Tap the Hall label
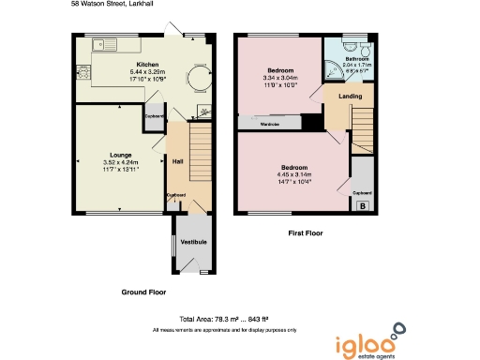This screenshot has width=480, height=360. tap(176, 162)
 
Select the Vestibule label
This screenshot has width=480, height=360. tap(193, 243)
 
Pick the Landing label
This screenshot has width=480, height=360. tap(337, 96)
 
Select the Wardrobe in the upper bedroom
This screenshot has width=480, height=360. tap(270, 122)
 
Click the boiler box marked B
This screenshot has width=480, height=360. tap(364, 204)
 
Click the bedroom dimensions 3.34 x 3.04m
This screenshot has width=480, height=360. tap(280, 78)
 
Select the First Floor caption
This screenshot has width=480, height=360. tap(304, 232)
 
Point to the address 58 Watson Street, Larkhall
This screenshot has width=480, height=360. tap(115, 5)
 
